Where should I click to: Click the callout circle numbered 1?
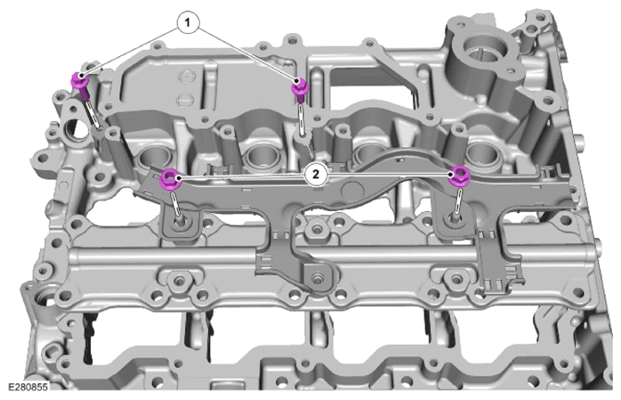(x=188, y=23)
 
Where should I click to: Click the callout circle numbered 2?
(x=316, y=175)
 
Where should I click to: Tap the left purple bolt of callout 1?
(x=81, y=86)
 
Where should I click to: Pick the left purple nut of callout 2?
(x=170, y=180)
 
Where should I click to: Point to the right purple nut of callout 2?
(x=459, y=176)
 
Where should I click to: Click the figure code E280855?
(x=28, y=387)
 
